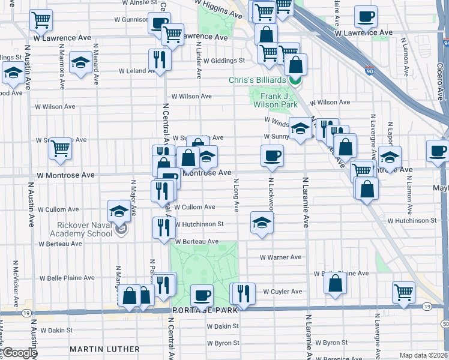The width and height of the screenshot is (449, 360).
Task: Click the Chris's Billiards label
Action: point(256,80)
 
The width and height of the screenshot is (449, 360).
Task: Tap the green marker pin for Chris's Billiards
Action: point(295,80)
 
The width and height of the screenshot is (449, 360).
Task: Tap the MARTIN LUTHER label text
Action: point(104,349)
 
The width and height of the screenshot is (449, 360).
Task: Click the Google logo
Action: point(19,353)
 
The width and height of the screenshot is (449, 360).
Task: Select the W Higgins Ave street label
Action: point(221,7)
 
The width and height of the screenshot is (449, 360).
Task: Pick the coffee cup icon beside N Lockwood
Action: point(272,155)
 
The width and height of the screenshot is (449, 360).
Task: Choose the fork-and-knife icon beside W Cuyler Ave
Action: point(243,293)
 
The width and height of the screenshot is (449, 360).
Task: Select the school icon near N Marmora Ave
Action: point(80,62)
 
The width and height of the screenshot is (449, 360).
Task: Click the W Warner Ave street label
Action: point(280,257)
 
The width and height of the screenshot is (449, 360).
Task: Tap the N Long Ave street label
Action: point(236,195)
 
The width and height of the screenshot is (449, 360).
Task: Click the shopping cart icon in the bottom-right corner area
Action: point(404,292)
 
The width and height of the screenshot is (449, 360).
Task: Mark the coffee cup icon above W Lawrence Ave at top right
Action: point(366,16)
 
